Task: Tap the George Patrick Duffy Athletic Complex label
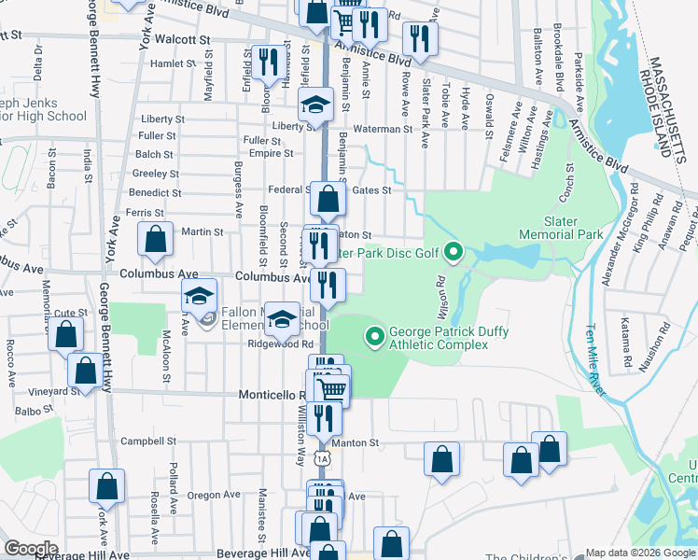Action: pos(438,338)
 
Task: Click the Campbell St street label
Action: pos(148,441)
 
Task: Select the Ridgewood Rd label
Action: pos(278,343)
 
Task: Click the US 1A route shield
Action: pos(323,458)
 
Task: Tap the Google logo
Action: pos(30,548)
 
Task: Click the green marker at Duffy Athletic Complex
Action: pos(375,334)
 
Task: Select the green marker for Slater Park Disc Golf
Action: pos(454,251)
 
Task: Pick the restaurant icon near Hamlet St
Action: pos(267,63)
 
